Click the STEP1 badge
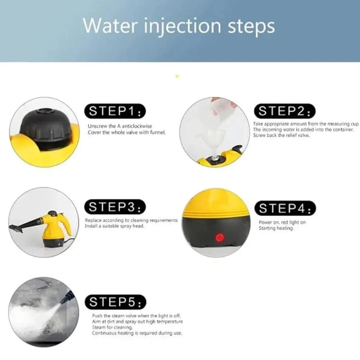tap(115, 111)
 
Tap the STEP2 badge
tap(285, 111)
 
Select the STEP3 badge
tap(115, 207)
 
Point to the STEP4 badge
tap(285, 208)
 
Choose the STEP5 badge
tap(116, 302)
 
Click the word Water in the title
tap(112, 26)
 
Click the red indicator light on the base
tap(220, 238)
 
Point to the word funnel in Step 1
tap(158, 132)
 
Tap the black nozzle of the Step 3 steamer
tap(25, 225)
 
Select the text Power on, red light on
tap(282, 222)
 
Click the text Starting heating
tap(276, 228)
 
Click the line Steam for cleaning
tap(112, 327)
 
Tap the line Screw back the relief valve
tap(281, 135)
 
